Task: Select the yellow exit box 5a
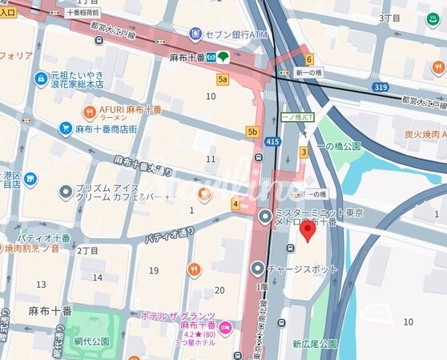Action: tap(223, 79)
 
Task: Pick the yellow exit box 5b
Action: tap(252, 131)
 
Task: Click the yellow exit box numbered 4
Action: tap(236, 204)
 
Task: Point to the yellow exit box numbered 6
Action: tap(308, 59)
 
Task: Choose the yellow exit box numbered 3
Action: tap(304, 152)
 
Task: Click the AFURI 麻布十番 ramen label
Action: tap(128, 111)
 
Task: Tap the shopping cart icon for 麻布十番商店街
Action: tap(66, 128)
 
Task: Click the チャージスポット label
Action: tap(303, 269)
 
